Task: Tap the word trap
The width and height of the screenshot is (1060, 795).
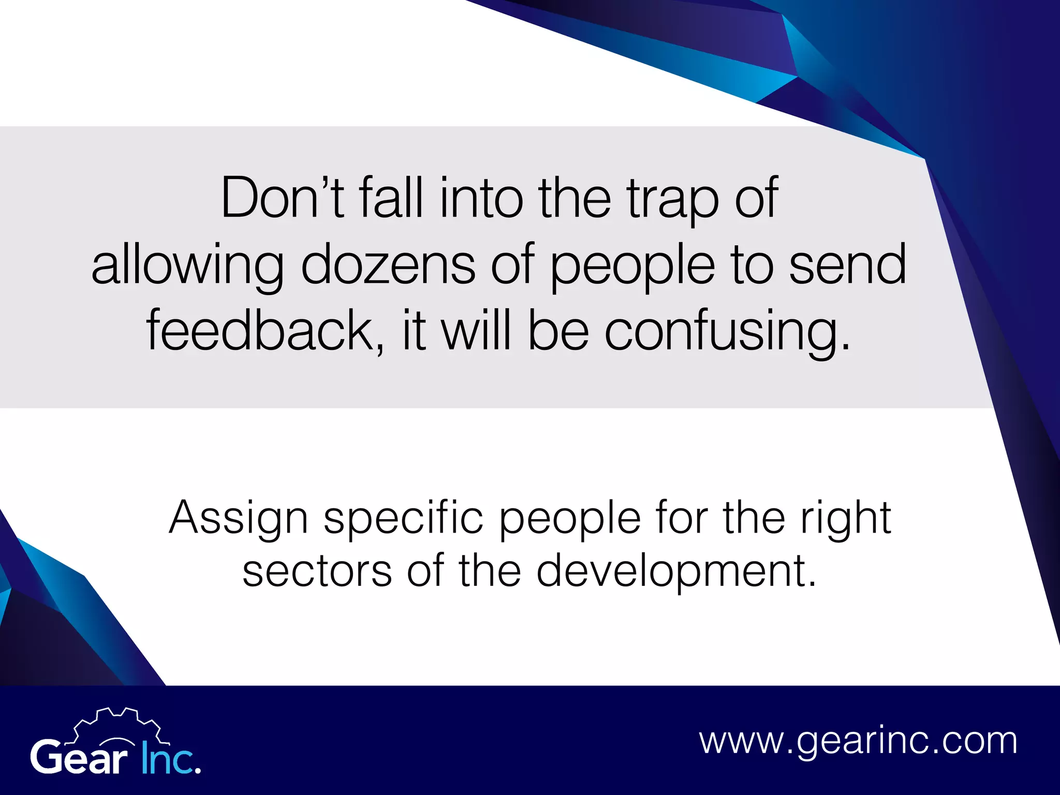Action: tap(672, 199)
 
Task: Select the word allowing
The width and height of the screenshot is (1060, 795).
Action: tap(187, 266)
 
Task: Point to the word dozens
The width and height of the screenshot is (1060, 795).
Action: tap(388, 264)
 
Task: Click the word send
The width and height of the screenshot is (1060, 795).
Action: tap(847, 264)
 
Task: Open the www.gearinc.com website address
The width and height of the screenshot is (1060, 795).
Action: tap(858, 741)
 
